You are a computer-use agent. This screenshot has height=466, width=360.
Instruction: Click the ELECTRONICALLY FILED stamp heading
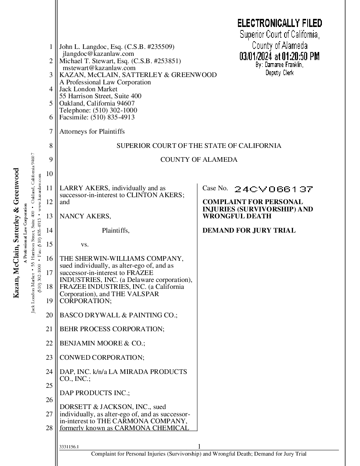[280, 23]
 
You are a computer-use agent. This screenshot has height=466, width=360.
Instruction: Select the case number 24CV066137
[273, 189]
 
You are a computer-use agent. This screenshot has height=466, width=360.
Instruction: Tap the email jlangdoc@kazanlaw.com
[98, 54]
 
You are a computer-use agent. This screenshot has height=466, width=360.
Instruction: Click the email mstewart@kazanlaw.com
[99, 68]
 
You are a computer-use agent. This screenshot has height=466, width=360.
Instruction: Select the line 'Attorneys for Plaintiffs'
[92, 132]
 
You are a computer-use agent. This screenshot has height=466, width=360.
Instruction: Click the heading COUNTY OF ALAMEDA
[199, 160]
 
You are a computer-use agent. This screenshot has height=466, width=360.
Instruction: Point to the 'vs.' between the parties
[85, 245]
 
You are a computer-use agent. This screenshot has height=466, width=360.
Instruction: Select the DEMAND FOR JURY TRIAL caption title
[249, 231]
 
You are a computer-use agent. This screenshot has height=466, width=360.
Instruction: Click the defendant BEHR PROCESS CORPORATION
[112, 329]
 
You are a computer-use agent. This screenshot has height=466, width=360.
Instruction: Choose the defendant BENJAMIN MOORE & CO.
[102, 343]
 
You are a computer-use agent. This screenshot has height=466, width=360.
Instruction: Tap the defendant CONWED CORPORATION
[102, 357]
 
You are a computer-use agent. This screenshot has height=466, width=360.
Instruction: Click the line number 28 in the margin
[49, 428]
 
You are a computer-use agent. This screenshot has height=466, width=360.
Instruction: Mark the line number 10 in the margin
[49, 174]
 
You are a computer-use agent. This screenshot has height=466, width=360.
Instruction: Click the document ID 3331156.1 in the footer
[69, 448]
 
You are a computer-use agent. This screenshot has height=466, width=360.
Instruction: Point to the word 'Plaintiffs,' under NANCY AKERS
[116, 231]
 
